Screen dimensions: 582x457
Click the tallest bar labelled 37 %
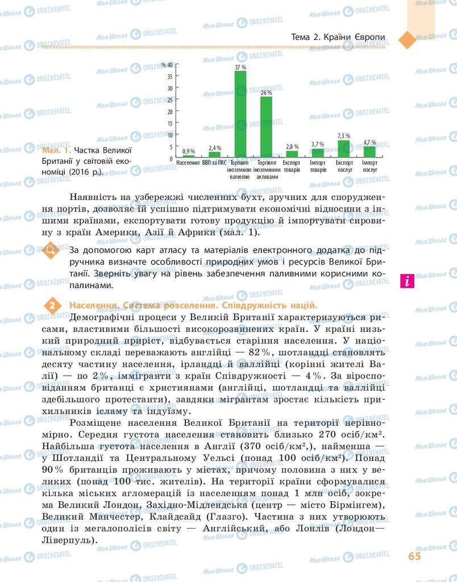[240, 114]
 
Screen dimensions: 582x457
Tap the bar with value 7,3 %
[343, 148]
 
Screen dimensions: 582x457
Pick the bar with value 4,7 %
[369, 151]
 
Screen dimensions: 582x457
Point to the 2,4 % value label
[214, 148]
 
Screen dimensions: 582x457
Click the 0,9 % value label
[189, 151]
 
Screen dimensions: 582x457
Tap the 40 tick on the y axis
[169, 65]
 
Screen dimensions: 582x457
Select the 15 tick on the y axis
[169, 123]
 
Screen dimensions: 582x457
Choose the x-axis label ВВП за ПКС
[214, 163]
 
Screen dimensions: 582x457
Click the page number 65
[414, 556]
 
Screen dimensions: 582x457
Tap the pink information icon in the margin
[406, 280]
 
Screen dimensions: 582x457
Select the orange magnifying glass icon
[50, 251]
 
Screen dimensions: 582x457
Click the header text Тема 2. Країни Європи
[338, 38]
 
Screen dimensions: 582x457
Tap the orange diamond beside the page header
[407, 40]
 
